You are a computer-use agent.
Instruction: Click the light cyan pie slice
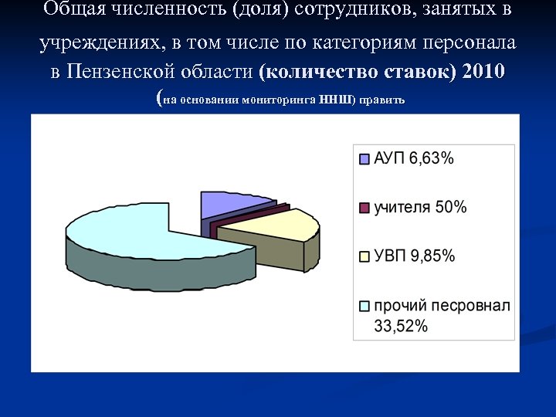click(124, 232)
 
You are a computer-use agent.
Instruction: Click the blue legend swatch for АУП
click(364, 160)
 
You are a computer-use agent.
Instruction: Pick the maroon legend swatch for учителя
click(364, 207)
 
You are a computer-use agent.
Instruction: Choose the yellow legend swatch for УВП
click(364, 256)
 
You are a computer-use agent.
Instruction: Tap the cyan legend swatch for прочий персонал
click(364, 305)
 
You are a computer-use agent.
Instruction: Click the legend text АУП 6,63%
click(414, 159)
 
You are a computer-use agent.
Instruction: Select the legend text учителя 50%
click(420, 207)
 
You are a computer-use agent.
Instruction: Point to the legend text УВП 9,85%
click(415, 256)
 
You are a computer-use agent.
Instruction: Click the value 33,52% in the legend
click(401, 326)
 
